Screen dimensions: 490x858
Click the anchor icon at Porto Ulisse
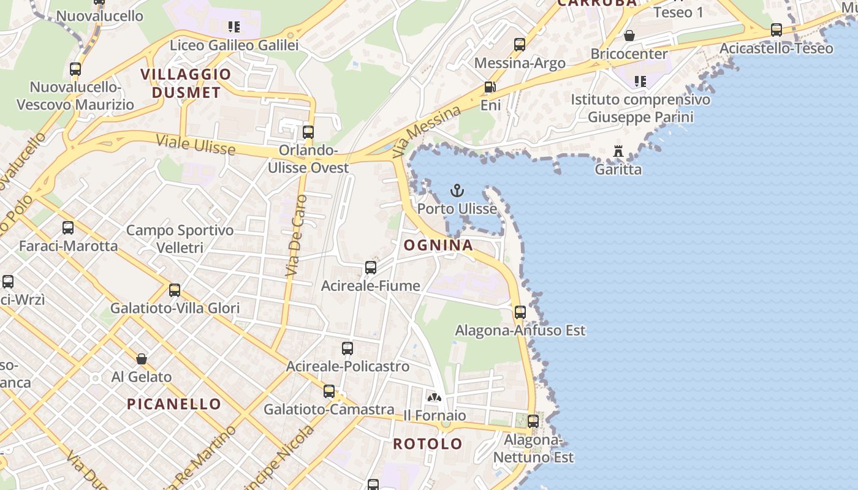[x=457, y=190]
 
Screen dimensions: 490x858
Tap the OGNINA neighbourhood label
[x=438, y=246]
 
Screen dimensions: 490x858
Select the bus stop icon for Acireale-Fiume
[x=371, y=268]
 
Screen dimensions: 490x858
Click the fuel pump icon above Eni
[x=490, y=87]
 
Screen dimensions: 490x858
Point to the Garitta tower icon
[x=618, y=151]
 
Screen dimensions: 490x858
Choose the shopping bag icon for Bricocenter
[x=629, y=36]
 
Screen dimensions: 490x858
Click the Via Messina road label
[x=427, y=130]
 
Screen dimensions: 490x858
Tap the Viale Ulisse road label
[x=196, y=145]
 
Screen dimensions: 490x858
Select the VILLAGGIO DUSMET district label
[x=186, y=83]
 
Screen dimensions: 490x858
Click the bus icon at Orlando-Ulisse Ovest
[x=308, y=132]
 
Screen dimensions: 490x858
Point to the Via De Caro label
[x=297, y=235]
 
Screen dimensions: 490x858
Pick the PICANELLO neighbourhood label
[x=174, y=404]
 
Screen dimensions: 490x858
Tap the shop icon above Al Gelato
[x=142, y=358]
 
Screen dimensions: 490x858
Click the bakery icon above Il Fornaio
[x=435, y=397]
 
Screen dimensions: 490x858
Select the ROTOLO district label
[x=428, y=443]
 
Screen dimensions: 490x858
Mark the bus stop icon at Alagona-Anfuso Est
[x=520, y=312]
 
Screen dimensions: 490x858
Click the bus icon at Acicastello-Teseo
[x=776, y=30]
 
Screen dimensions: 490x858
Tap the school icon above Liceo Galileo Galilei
[x=234, y=27]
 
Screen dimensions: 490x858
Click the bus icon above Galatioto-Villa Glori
[x=175, y=290]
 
